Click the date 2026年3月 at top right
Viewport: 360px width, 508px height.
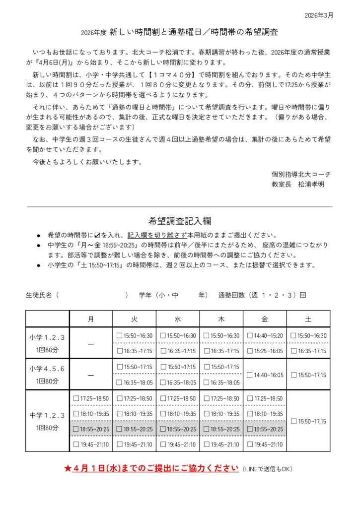tap(319, 15)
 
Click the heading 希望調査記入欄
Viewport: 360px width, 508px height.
tap(179, 221)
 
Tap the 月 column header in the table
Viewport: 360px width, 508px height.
tap(91, 319)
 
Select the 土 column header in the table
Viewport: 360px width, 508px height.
tap(308, 319)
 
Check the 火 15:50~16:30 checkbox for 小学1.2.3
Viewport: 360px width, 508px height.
tap(119, 336)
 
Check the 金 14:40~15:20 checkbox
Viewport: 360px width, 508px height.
tap(250, 336)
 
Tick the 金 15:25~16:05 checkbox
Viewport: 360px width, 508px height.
tap(250, 351)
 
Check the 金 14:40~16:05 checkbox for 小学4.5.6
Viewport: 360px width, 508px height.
tap(250, 375)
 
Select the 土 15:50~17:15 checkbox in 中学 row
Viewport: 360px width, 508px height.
tap(293, 421)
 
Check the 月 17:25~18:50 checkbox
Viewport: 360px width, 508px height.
tap(76, 398)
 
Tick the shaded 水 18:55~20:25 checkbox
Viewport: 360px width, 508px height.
tap(163, 429)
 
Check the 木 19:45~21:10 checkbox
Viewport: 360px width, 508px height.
tap(207, 444)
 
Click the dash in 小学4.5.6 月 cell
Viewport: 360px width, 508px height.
tap(91, 375)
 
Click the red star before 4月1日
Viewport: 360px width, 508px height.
tap(68, 468)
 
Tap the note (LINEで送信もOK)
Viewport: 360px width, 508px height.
tap(268, 469)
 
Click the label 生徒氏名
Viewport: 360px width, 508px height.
tap(39, 295)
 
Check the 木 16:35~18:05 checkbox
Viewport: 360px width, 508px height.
tap(207, 382)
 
